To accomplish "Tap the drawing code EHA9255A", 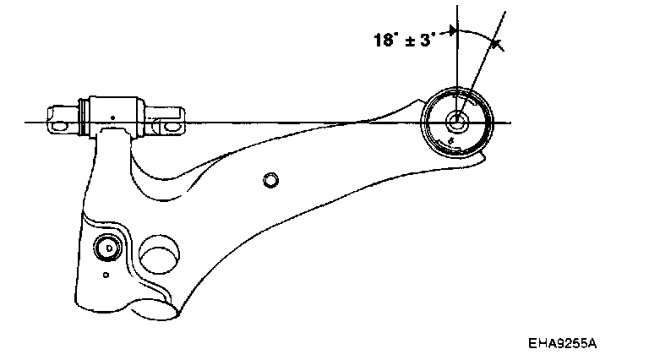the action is [563, 344].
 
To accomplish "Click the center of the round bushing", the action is [456, 120].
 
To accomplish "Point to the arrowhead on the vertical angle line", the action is [454, 32].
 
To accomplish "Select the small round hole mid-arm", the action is [270, 179].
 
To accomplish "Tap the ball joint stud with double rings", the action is [107, 248].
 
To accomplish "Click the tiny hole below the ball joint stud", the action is [105, 275].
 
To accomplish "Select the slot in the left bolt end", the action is [59, 124].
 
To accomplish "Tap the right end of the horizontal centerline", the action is [510, 123].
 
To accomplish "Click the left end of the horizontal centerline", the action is [25, 123].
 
